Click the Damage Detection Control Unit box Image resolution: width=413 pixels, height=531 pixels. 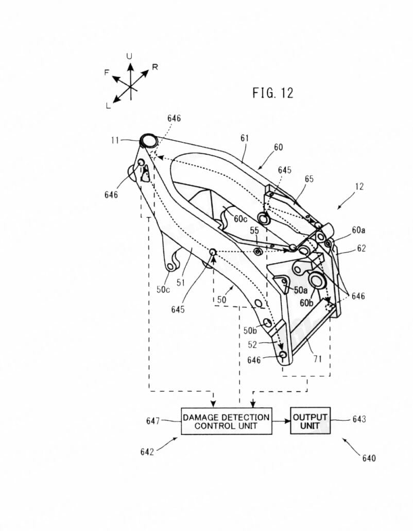[226, 421]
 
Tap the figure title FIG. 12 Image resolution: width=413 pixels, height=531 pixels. [272, 93]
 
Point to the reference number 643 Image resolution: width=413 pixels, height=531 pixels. [359, 420]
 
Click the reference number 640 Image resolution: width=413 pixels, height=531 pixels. [369, 458]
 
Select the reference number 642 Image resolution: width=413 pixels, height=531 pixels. [147, 452]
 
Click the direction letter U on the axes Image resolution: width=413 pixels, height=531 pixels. [130, 56]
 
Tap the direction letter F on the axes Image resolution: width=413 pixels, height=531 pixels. [107, 73]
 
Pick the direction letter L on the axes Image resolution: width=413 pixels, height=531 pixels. [108, 106]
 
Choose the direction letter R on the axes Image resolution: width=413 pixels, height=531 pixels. [155, 67]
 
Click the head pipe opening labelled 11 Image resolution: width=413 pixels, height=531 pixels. [148, 140]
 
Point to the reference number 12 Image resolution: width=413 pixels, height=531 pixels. [359, 187]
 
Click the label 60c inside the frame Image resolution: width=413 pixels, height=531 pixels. [240, 219]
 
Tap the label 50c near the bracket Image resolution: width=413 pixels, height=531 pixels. [163, 290]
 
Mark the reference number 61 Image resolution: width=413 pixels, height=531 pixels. [244, 138]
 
